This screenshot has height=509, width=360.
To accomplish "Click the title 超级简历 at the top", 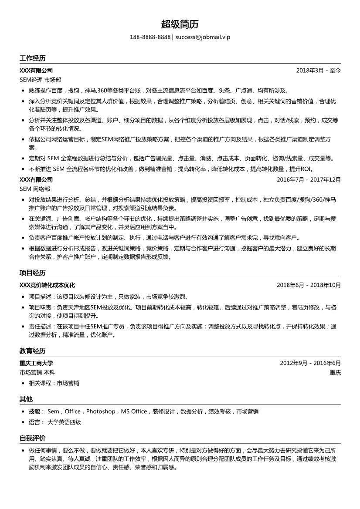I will click(180, 24).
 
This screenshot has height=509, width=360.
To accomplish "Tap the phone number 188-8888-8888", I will click(150, 37).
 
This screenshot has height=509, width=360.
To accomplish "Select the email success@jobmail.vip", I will click(203, 37).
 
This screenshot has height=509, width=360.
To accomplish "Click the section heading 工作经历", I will click(32, 58).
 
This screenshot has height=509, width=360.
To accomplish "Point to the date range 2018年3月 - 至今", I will click(319, 70).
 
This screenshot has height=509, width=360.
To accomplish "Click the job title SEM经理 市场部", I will click(41, 80).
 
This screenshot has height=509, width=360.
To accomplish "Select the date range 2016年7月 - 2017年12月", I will click(309, 179).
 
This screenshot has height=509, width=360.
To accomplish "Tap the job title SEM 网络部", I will click(35, 189).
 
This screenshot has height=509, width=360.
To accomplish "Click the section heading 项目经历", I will click(32, 273).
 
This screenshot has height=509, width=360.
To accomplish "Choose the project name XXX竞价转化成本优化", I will click(47, 285).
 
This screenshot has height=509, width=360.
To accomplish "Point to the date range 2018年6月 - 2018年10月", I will click(309, 285).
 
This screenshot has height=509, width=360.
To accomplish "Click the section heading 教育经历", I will click(32, 351).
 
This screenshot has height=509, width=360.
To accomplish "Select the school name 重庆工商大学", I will click(36, 363).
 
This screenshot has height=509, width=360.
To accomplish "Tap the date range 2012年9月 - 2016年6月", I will click(310, 363).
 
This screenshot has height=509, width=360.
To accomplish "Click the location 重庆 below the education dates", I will click(335, 373).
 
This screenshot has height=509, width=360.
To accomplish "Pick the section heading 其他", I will click(26, 399).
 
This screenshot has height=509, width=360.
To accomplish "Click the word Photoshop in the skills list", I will click(101, 411).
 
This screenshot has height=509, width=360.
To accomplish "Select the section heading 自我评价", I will click(32, 438).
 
